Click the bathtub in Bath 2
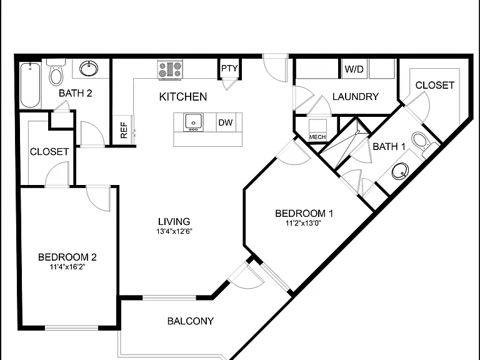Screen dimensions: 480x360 30,85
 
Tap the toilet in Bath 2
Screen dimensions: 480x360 56,72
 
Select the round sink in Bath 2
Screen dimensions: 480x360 89,68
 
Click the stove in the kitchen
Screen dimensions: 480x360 170,70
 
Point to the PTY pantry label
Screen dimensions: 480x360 229,68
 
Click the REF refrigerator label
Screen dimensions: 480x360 124,130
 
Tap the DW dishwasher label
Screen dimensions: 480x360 226,122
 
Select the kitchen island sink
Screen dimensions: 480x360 194,122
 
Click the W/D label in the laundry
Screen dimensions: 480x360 354,69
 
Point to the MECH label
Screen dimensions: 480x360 317,137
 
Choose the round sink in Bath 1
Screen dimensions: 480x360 400,171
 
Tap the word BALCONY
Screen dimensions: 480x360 191,321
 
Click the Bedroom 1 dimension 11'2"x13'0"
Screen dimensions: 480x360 303,223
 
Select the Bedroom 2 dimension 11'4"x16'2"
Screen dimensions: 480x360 67,267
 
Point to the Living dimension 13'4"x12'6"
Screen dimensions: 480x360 174,231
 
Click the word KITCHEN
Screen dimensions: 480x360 183,97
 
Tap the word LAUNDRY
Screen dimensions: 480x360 356,97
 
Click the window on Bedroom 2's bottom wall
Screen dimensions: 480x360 71,328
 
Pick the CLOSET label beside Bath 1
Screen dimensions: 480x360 435,85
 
